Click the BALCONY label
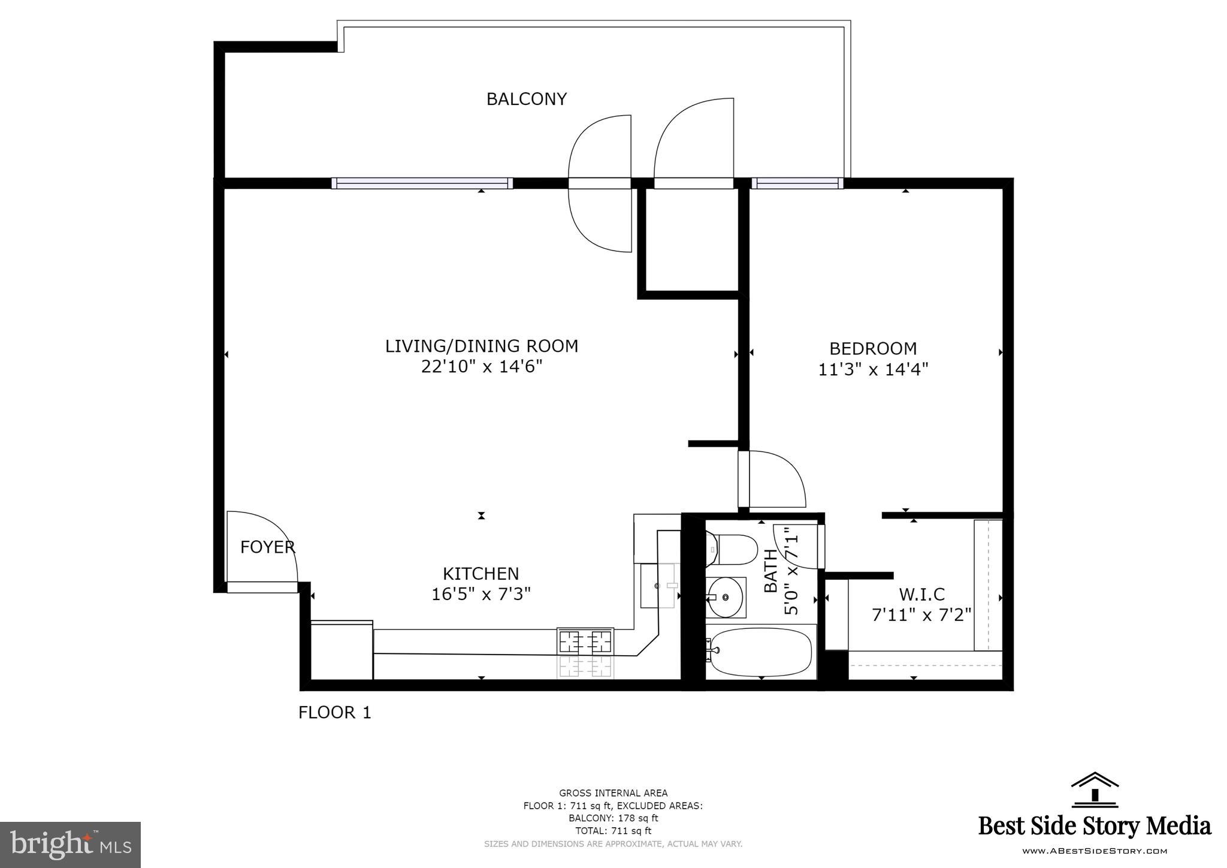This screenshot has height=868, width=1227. click(526, 99)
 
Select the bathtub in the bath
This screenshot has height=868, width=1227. click(760, 652)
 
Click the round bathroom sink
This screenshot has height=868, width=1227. click(725, 597)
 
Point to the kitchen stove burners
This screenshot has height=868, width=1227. click(585, 642)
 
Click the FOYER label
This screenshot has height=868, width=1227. click(267, 547)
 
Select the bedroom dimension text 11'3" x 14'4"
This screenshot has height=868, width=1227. click(873, 369)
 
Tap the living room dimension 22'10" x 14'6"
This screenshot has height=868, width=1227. click(481, 366)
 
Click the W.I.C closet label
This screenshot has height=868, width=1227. click(921, 594)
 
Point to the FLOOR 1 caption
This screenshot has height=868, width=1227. click(335, 712)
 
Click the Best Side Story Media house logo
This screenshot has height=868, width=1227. click(1095, 789)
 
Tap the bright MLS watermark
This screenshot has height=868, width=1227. click(70, 845)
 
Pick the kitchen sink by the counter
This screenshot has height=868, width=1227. click(659, 585)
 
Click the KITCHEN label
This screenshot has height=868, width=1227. click(480, 574)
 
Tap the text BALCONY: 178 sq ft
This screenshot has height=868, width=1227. click(613, 818)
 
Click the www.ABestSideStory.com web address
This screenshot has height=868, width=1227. click(1094, 851)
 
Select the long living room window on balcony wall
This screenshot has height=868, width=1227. click(422, 183)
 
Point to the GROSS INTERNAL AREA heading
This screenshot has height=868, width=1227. click(613, 793)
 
